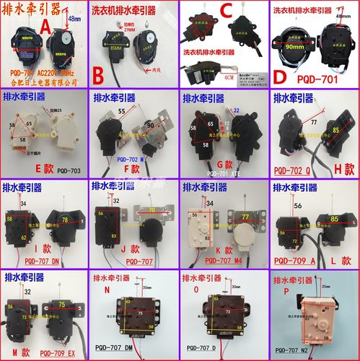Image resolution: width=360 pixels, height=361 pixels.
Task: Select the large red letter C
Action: coord(225,12)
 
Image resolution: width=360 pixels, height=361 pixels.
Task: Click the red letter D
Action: coord(279,77)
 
